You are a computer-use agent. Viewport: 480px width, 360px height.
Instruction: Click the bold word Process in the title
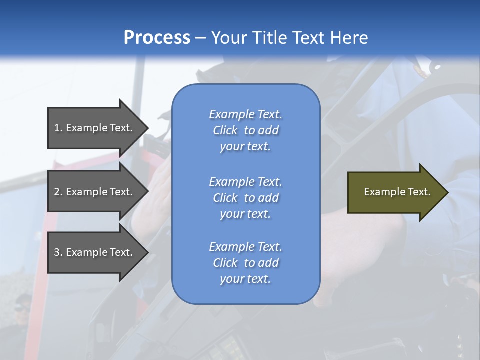pos(157,37)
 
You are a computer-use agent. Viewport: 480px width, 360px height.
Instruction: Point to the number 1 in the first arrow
pos(57,128)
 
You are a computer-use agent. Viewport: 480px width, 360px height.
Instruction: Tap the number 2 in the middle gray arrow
pos(57,191)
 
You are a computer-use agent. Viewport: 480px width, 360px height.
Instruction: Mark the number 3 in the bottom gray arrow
pos(57,252)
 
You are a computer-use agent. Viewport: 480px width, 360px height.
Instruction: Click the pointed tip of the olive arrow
pos(448,192)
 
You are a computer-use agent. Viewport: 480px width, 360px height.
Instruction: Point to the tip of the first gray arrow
pos(148,128)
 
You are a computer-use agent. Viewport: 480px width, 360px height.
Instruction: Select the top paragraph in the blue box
pos(246,130)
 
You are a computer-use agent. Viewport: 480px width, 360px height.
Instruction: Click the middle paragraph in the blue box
pos(246,198)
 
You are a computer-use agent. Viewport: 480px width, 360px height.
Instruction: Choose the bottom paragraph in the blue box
pos(246,262)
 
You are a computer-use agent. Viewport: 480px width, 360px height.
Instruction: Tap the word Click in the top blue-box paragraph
pos(225,130)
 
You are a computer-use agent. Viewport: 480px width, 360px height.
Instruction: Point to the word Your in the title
pos(229,37)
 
